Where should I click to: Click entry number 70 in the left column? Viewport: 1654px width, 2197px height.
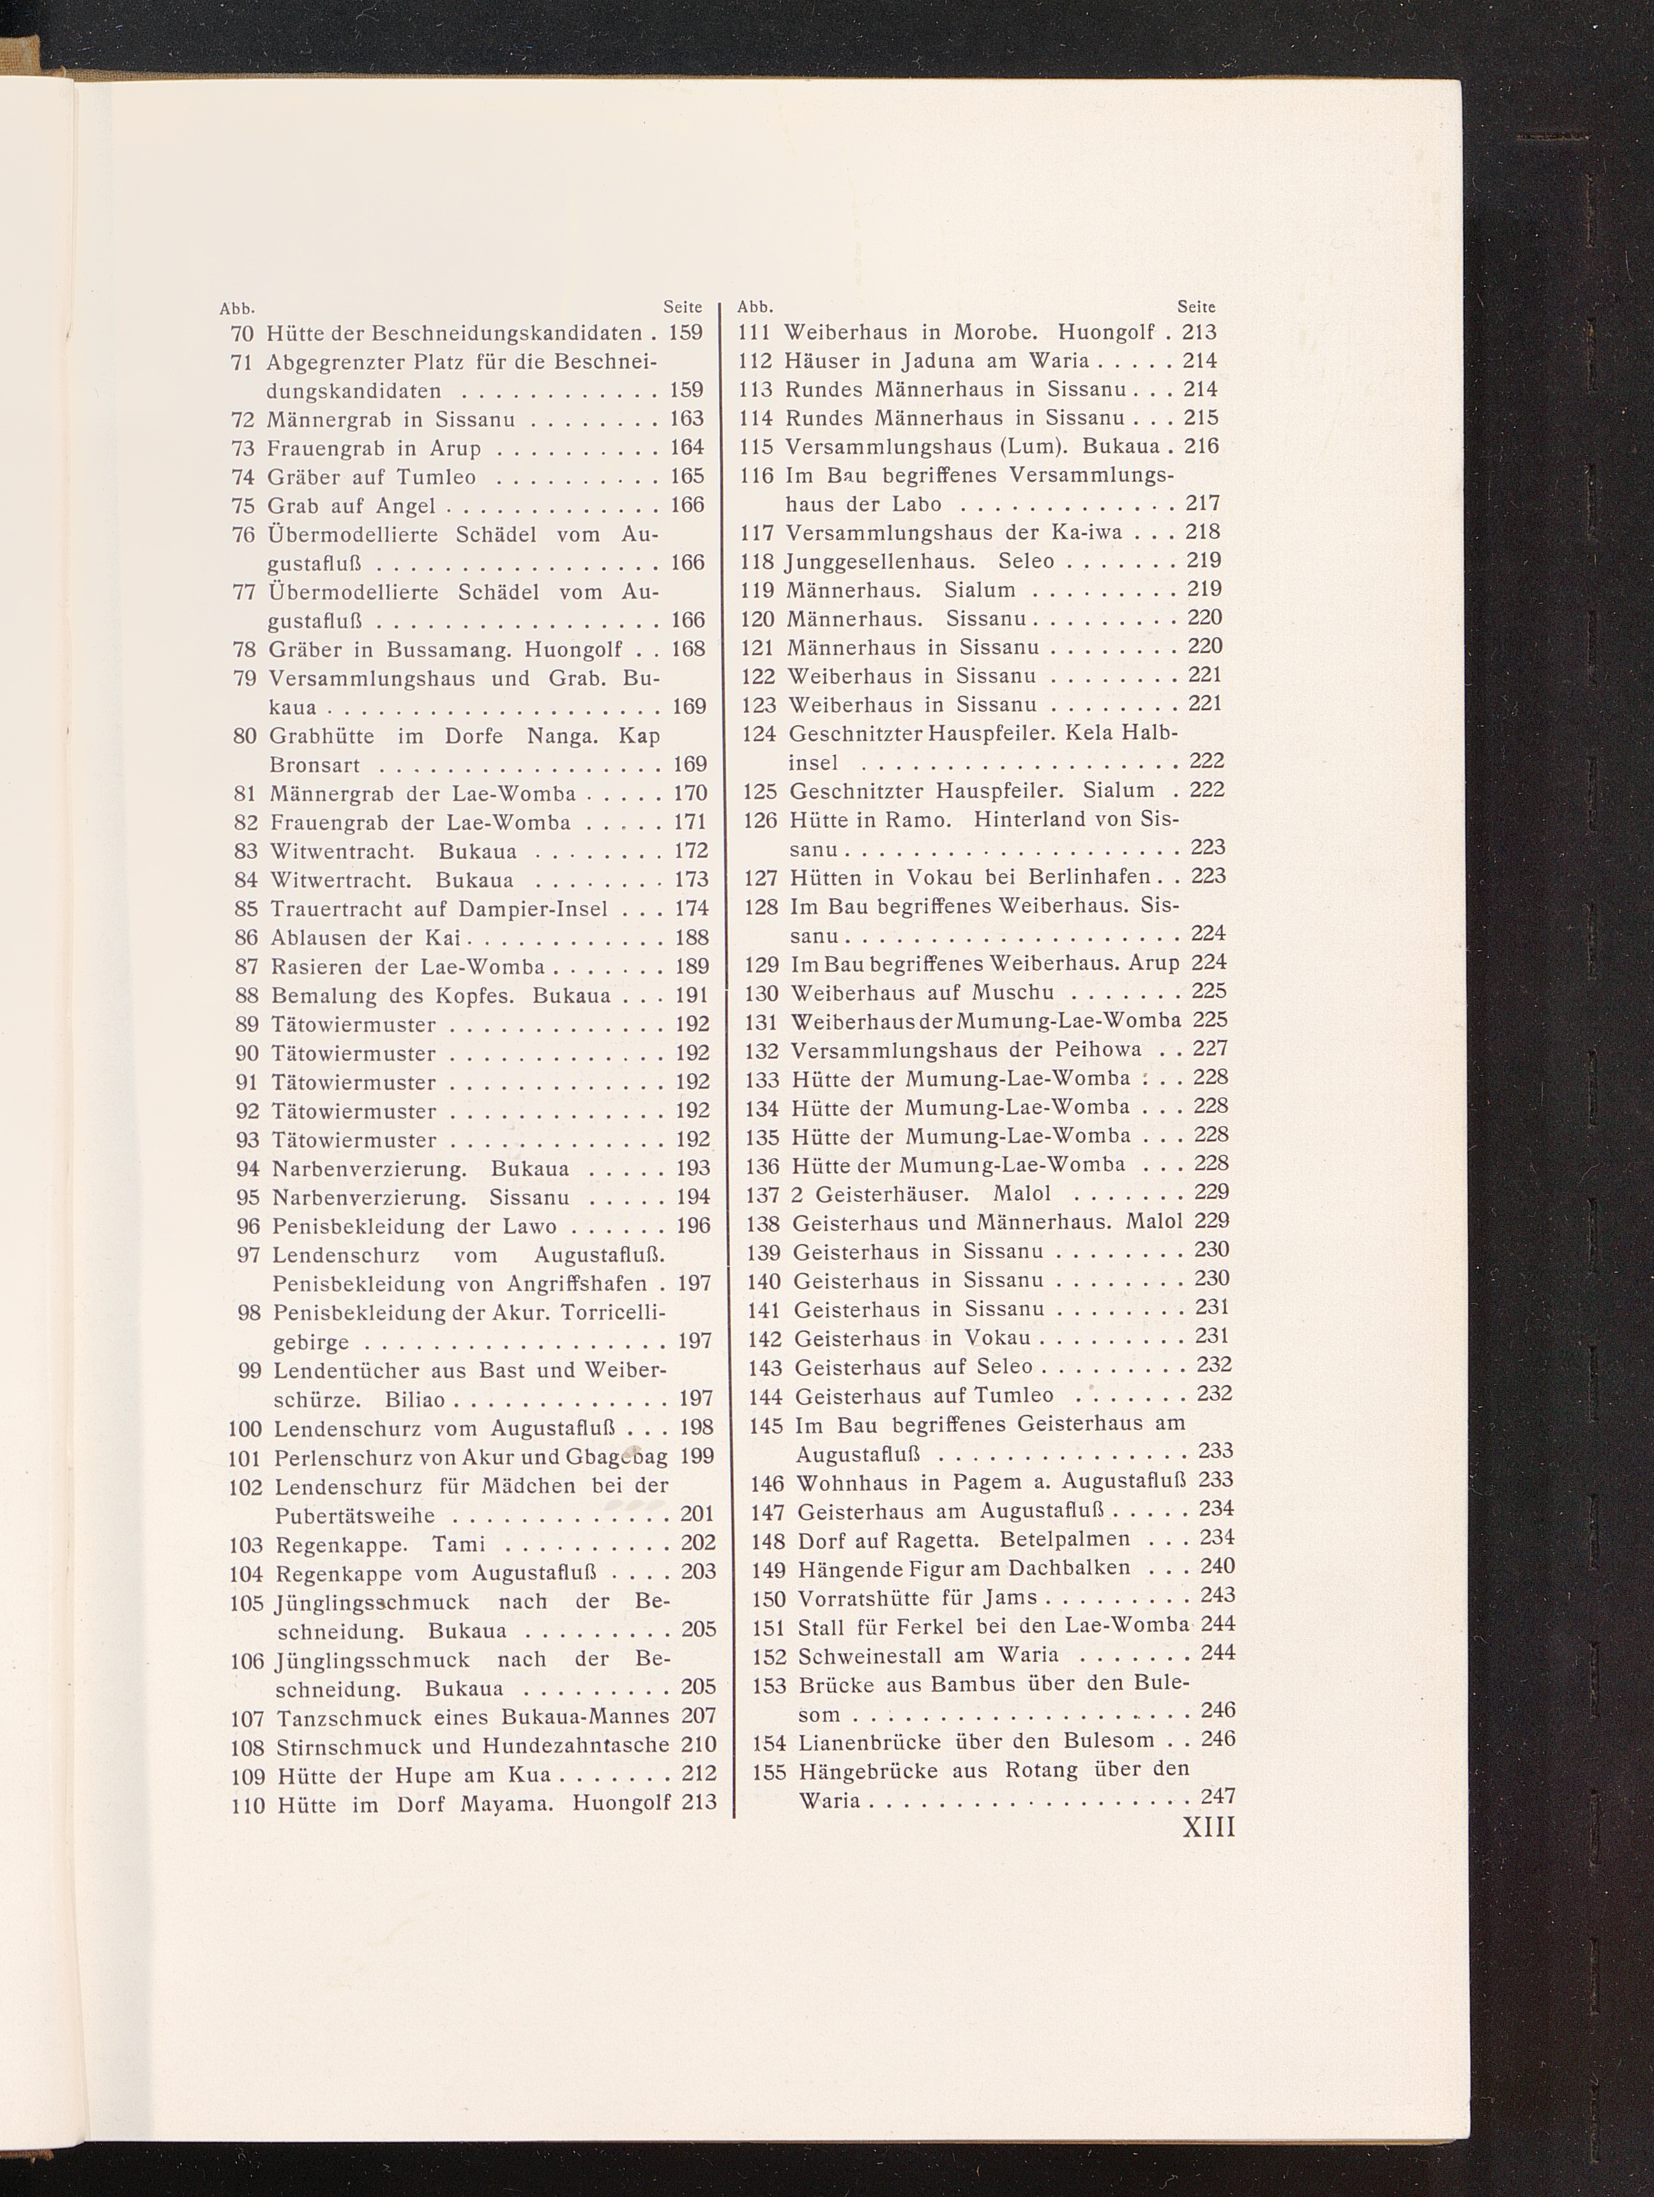[x=243, y=334]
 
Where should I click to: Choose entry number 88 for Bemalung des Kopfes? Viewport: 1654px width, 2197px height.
[x=247, y=995]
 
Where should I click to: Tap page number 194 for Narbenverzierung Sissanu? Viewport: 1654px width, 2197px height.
[x=692, y=1197]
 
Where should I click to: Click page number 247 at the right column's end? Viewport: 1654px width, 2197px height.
[x=1217, y=1795]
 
